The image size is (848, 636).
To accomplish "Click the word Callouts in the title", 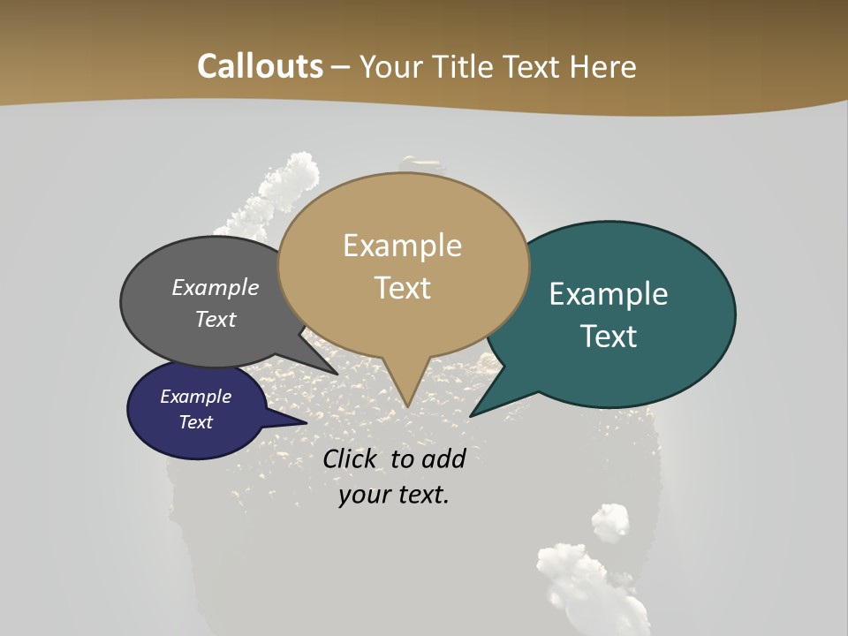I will (x=260, y=66).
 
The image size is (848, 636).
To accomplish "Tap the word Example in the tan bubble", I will (x=402, y=246).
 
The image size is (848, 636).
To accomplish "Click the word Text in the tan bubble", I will (x=402, y=288).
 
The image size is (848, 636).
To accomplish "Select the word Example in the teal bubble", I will (x=609, y=294).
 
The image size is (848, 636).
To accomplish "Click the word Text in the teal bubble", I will (x=609, y=337).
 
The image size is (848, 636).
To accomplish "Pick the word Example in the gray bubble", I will (x=215, y=288).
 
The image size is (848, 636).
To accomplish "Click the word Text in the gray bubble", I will (x=216, y=319).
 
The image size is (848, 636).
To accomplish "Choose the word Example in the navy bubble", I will (x=195, y=397).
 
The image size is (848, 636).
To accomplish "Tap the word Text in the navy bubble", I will (x=195, y=422).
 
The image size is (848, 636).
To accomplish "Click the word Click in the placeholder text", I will (x=351, y=458).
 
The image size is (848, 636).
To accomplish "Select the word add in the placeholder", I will (x=443, y=458).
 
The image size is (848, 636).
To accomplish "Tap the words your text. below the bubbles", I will (x=394, y=495).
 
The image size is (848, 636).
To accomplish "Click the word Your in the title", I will (x=389, y=66).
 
